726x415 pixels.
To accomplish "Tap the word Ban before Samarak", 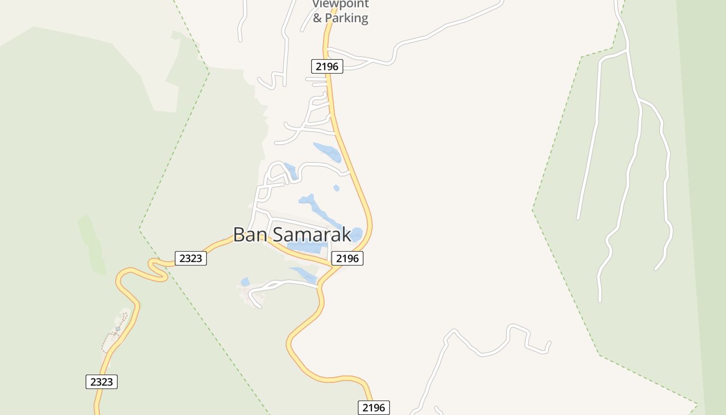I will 250,234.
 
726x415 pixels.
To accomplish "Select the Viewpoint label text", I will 340,4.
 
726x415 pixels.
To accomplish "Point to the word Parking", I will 347,18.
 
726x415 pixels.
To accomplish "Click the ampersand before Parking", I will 317,18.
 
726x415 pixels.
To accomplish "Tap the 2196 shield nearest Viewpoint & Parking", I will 327,66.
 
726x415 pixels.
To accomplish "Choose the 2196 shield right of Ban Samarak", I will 347,258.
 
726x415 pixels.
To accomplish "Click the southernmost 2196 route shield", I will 373,408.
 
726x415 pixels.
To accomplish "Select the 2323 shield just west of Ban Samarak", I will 191,258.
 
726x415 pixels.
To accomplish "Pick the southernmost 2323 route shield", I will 102,382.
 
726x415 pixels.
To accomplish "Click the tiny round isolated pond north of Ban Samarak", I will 337,188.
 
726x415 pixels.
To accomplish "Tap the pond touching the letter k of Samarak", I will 356,234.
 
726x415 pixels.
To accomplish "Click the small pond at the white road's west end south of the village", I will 245,282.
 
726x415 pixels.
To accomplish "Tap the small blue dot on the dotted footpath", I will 118,328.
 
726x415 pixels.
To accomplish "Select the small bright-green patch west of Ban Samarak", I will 91,244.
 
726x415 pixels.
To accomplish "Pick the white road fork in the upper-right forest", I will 627,51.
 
